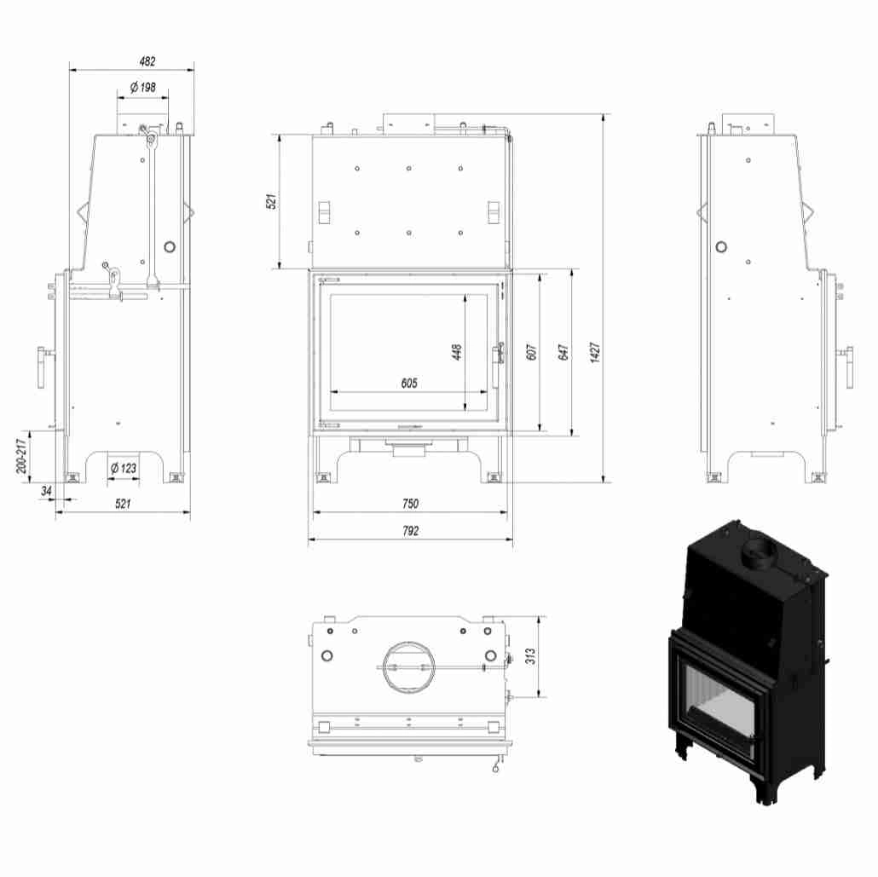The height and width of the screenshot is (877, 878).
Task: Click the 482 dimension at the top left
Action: (147, 61)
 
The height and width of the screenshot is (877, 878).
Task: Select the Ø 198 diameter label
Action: (142, 87)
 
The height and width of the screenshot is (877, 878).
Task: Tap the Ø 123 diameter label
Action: (124, 467)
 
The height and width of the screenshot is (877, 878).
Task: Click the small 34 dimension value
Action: (46, 491)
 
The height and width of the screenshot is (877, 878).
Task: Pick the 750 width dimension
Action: (410, 504)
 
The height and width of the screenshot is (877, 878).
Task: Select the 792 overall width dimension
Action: (410, 530)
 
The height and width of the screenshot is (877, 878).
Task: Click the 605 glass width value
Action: (409, 383)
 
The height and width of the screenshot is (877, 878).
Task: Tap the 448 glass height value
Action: (456, 352)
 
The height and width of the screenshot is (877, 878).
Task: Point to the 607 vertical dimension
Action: (530, 352)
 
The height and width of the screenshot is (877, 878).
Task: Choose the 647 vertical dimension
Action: (563, 352)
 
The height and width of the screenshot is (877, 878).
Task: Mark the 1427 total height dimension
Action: (595, 352)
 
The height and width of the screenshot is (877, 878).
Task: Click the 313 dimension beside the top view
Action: (530, 655)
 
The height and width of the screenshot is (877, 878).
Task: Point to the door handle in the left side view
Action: (42, 367)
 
